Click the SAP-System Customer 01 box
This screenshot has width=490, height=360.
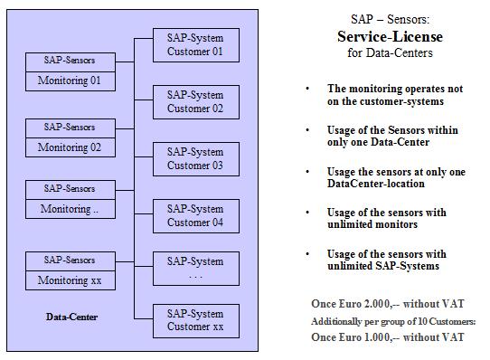point(194,44)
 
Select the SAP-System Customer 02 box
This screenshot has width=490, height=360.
point(194,102)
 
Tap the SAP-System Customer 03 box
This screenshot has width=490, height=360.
point(194,158)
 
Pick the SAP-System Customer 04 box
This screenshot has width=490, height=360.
point(194,215)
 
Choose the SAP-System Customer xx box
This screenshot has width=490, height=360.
point(194,320)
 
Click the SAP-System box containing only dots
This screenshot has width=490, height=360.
point(194,268)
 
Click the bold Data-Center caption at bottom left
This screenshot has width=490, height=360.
point(72,317)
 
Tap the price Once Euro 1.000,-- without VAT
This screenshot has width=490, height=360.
point(390,336)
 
